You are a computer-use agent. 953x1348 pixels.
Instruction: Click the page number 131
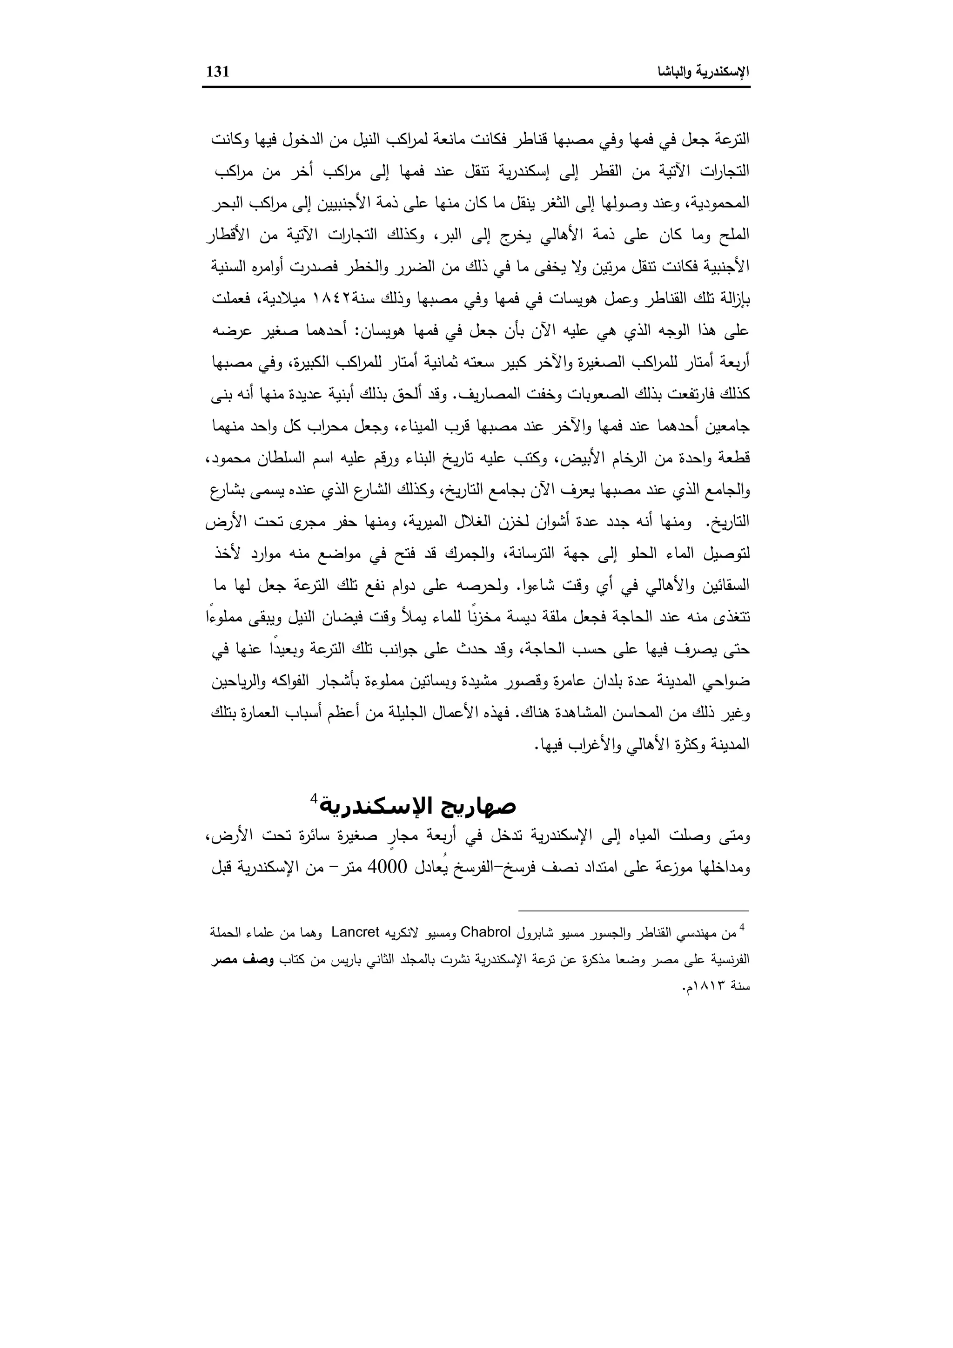[x=218, y=72]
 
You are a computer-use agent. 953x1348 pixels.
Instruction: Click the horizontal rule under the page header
[x=476, y=88]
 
